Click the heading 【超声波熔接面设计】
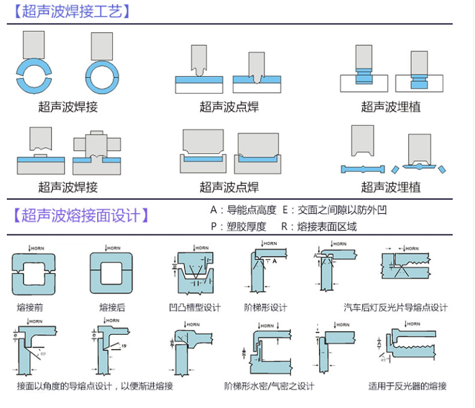[81, 216]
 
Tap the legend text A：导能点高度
[243, 210]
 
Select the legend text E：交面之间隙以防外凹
[334, 210]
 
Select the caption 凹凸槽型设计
[194, 307]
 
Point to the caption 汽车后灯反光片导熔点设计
[396, 307]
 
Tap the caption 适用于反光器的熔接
[407, 386]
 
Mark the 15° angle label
[124, 345]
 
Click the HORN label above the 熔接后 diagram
[113, 247]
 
